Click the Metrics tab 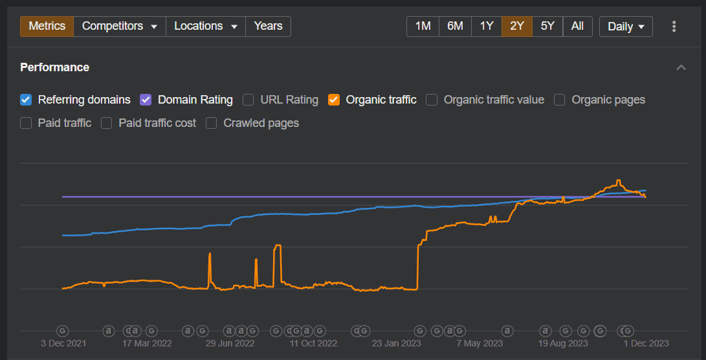pos(47,27)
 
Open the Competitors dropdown pos(120,27)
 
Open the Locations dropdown pos(206,27)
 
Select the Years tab pos(268,27)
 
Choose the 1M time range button pos(423,27)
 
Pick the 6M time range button pos(455,27)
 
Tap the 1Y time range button pos(487,27)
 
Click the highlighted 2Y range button pos(517,27)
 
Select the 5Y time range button pos(547,27)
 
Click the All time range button pos(577,27)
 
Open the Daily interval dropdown pos(626,27)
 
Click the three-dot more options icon pos(674,27)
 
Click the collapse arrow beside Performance pos(681,67)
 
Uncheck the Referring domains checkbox pos(26,100)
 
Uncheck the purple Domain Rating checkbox pos(146,100)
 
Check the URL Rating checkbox pos(248,100)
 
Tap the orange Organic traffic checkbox pos(334,100)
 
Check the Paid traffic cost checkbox pos(107,123)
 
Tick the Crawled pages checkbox pos(212,123)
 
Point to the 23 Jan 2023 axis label pos(396,343)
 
